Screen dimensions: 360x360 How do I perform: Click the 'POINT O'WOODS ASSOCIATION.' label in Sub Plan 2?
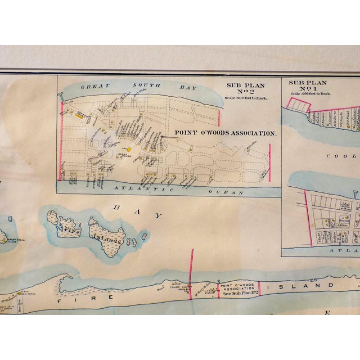click(x=225, y=133)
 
